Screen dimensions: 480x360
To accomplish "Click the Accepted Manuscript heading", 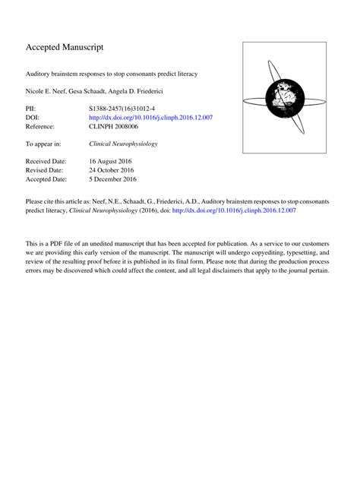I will coord(65,47).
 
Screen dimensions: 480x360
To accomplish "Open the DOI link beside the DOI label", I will coord(151,118).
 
